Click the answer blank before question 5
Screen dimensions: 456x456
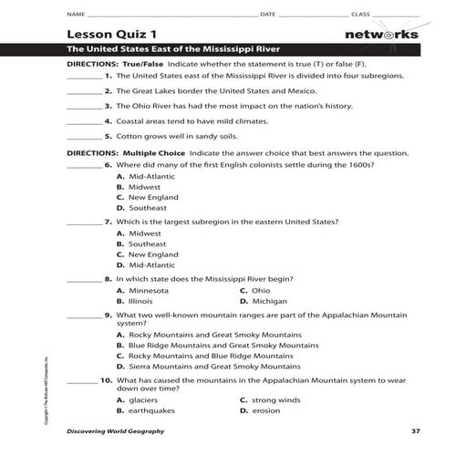(83, 138)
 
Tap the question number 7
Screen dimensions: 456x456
(108, 221)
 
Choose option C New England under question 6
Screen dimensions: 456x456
(145, 196)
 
